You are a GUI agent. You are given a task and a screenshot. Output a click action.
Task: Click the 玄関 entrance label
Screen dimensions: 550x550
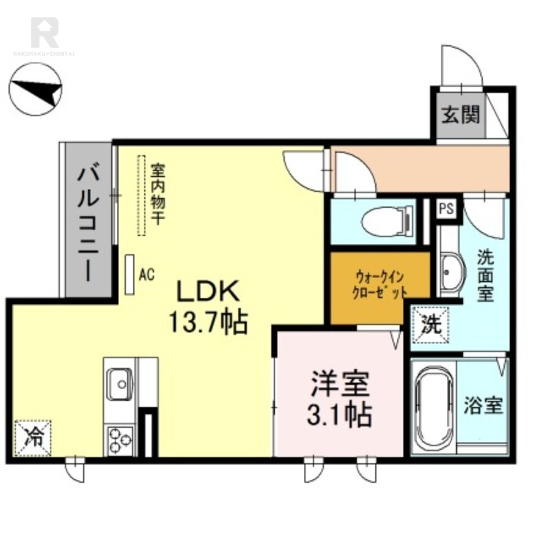(461, 114)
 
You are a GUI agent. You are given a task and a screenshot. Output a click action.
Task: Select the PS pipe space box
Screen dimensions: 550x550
(446, 209)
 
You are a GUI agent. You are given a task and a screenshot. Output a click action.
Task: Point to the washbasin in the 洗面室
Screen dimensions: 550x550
(452, 272)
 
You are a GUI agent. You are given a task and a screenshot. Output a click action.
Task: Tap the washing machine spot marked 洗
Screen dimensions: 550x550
(431, 324)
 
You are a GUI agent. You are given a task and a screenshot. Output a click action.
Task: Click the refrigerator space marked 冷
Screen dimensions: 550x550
(33, 438)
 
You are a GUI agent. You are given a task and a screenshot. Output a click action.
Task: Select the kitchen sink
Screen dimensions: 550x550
(120, 384)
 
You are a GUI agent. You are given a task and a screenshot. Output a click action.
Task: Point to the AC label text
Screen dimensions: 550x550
(146, 274)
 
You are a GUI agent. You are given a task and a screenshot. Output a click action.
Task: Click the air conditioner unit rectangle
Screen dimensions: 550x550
(130, 274)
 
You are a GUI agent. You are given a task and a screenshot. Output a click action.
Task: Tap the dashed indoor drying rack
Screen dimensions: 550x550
(141, 195)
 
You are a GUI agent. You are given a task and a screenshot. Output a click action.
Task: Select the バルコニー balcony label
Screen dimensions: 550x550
(89, 225)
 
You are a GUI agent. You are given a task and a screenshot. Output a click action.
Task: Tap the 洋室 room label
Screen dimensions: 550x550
(340, 384)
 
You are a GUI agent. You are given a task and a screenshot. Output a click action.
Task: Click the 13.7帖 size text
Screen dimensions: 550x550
(209, 322)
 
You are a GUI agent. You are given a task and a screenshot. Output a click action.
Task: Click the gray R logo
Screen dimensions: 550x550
(45, 32)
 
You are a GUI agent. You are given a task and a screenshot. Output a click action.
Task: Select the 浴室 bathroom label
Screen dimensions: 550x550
(483, 405)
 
